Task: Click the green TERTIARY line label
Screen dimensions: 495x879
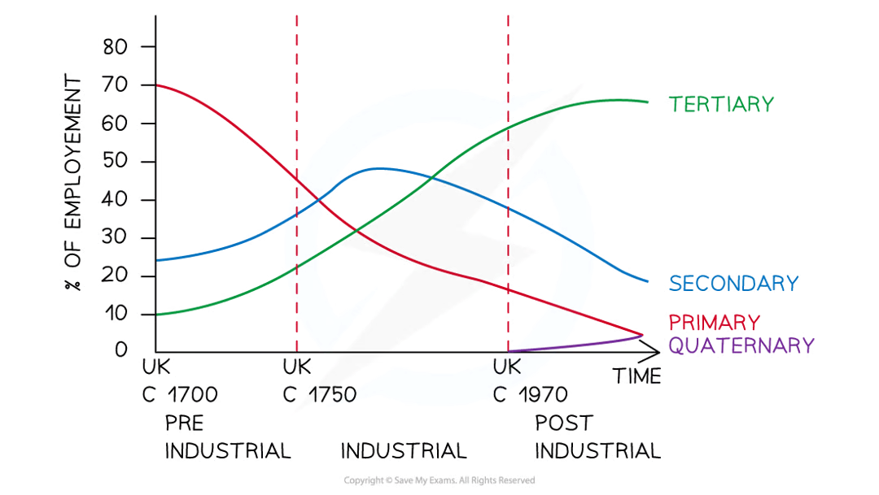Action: (x=720, y=105)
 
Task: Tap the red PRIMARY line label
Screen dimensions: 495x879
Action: (x=715, y=321)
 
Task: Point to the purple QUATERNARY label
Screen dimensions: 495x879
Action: (x=741, y=345)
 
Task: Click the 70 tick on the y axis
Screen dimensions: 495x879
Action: (x=114, y=85)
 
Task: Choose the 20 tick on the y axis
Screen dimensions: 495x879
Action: (x=114, y=276)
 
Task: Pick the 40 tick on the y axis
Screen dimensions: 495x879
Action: (x=114, y=199)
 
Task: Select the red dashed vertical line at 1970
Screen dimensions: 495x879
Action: (x=508, y=203)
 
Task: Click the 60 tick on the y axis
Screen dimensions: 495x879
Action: (x=114, y=123)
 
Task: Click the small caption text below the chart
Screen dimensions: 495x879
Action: (x=439, y=480)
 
